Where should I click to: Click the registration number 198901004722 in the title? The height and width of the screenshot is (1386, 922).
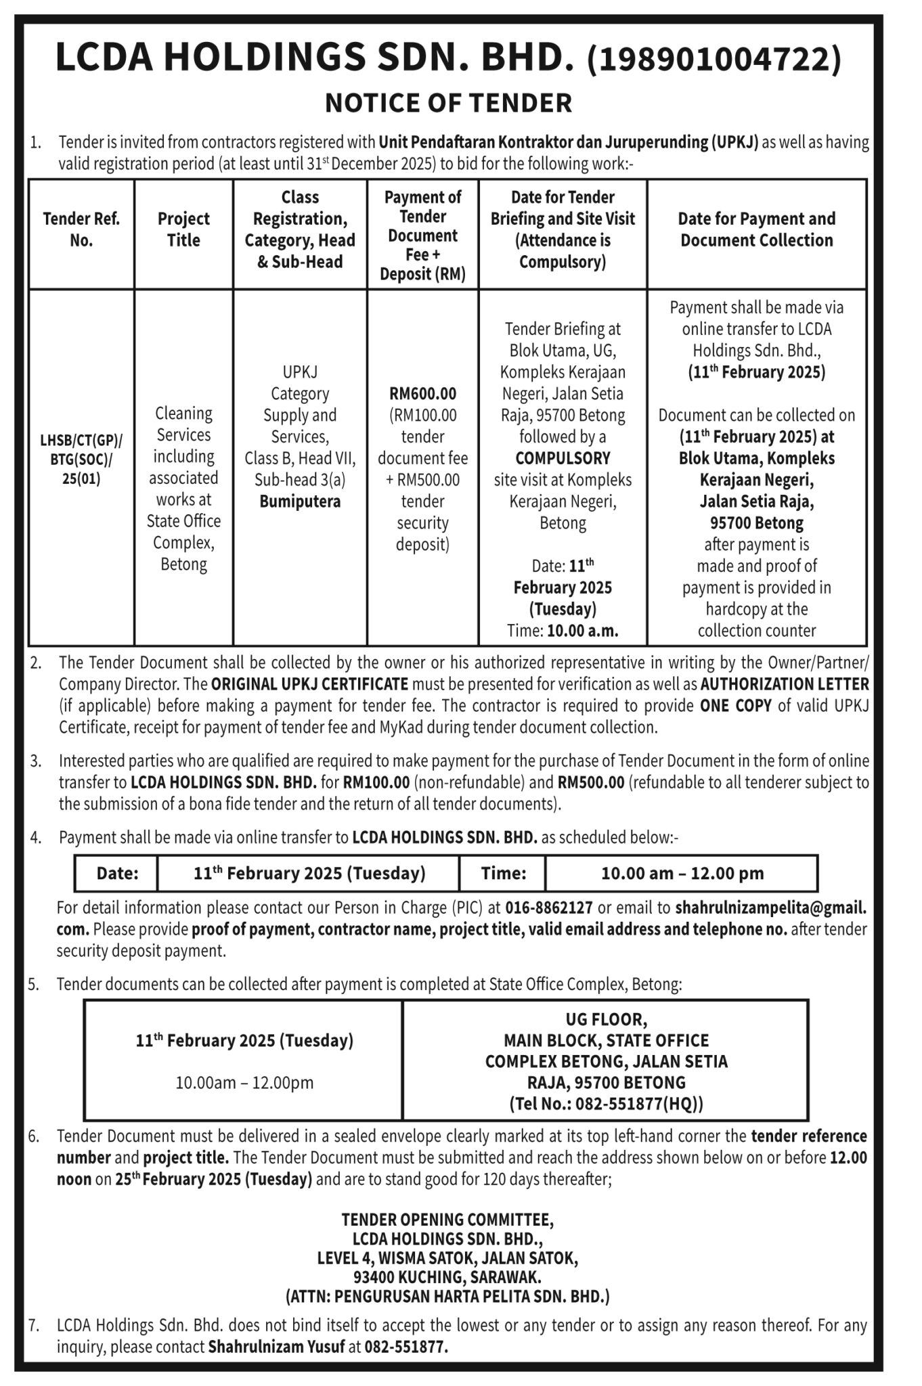coord(715,58)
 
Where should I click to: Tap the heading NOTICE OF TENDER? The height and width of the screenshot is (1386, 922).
coord(449,103)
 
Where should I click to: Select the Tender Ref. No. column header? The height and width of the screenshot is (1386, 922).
coord(81,229)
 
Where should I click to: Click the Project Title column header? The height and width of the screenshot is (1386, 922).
coord(183,229)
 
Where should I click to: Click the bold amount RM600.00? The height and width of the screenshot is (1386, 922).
coord(422,393)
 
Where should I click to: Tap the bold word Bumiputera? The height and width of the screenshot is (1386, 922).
coord(300,501)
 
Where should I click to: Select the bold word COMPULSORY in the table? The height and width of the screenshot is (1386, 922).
coord(563,458)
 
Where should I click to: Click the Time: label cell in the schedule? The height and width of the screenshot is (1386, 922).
coord(503,874)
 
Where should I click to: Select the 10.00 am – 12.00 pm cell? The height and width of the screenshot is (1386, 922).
coord(682,874)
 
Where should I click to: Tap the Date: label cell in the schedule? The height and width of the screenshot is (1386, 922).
coord(117,874)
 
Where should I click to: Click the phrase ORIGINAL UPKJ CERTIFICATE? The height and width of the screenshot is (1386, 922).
coord(309,684)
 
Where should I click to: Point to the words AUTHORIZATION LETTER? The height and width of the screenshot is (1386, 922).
coord(785,684)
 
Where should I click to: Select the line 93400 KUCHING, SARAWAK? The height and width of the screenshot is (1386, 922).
coord(447,1277)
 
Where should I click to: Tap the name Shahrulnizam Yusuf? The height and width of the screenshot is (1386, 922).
coord(276,1347)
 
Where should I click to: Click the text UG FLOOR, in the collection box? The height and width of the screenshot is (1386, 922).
coord(606,1019)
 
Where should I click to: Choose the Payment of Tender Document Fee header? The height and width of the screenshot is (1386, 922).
coord(422,235)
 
